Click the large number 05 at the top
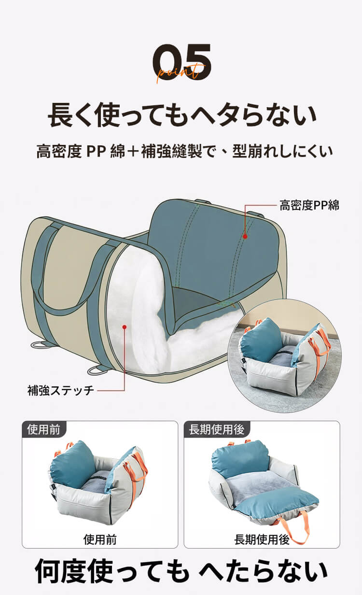coord(182,62)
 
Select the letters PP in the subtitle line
coord(96,152)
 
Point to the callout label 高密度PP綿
coord(309,205)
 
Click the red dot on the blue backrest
coord(245,236)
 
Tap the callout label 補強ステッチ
coord(61,390)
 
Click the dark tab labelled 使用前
coord(43,429)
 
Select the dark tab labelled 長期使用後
coord(217,429)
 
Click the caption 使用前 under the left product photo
coord(100,540)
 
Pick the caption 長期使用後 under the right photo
coord(262,540)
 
